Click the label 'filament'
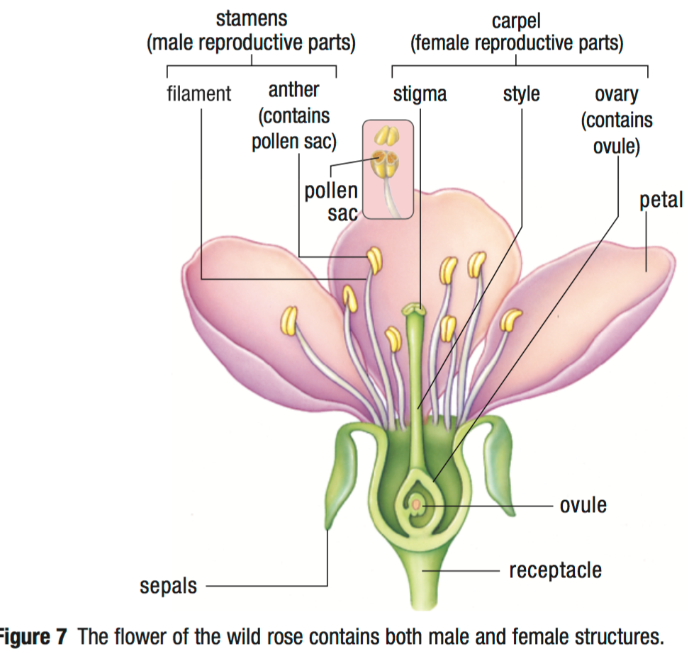click(199, 94)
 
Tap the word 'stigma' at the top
click(420, 94)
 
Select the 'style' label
click(521, 94)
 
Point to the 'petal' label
click(661, 200)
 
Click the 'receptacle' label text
click(555, 570)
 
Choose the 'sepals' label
click(169, 587)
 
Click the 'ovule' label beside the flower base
click(583, 506)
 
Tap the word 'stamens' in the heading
click(252, 18)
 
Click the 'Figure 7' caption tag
click(33, 636)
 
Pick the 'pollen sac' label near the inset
click(331, 202)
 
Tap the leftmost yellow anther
click(289, 320)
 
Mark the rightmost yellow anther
click(510, 320)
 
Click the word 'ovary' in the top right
click(616, 94)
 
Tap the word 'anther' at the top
click(293, 90)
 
